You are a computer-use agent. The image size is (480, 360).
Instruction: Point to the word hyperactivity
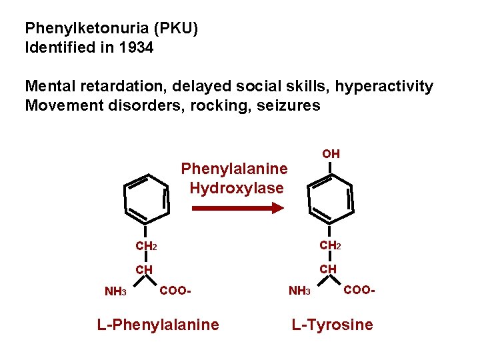tap(384, 87)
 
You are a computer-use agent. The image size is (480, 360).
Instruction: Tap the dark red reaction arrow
tap(237, 209)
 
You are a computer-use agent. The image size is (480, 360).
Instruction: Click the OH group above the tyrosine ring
tap(331, 154)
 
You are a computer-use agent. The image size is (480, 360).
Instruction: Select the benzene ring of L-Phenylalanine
tap(145, 198)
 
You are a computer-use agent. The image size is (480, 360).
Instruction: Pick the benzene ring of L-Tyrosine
tap(330, 198)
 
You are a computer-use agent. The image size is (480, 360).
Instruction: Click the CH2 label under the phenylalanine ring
tap(146, 246)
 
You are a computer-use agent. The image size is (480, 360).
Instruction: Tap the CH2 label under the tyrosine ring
tap(330, 245)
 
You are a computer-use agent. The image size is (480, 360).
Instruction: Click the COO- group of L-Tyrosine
tap(360, 290)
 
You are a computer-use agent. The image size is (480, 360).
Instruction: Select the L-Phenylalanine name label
tap(157, 325)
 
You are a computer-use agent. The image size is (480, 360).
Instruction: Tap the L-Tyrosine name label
tap(331, 325)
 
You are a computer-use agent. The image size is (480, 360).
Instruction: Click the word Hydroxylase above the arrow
tap(237, 188)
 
